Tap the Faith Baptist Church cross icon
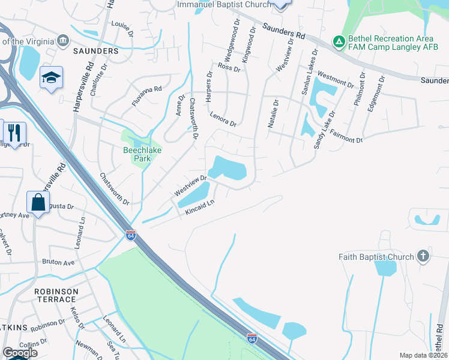[423, 257]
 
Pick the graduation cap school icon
[52, 77]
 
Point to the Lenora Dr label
[223, 119]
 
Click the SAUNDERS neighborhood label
[96, 52]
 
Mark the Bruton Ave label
[58, 262]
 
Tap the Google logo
[20, 352]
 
